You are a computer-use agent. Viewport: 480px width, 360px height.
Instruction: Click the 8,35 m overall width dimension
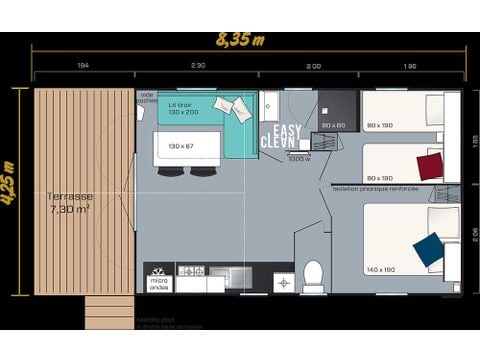241,41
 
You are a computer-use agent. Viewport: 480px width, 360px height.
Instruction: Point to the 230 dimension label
198,65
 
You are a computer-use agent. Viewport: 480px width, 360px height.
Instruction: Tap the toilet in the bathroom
313,275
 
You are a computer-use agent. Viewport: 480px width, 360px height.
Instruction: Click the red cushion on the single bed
430,166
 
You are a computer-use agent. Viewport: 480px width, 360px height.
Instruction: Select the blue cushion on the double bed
428,250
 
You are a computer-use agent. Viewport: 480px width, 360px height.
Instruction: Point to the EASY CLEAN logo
281,136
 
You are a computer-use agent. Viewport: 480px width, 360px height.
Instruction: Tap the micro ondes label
160,283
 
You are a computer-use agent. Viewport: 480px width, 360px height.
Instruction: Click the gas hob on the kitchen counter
191,271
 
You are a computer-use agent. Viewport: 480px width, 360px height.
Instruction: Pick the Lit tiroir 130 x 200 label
182,109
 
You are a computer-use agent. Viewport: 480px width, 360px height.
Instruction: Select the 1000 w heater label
298,158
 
